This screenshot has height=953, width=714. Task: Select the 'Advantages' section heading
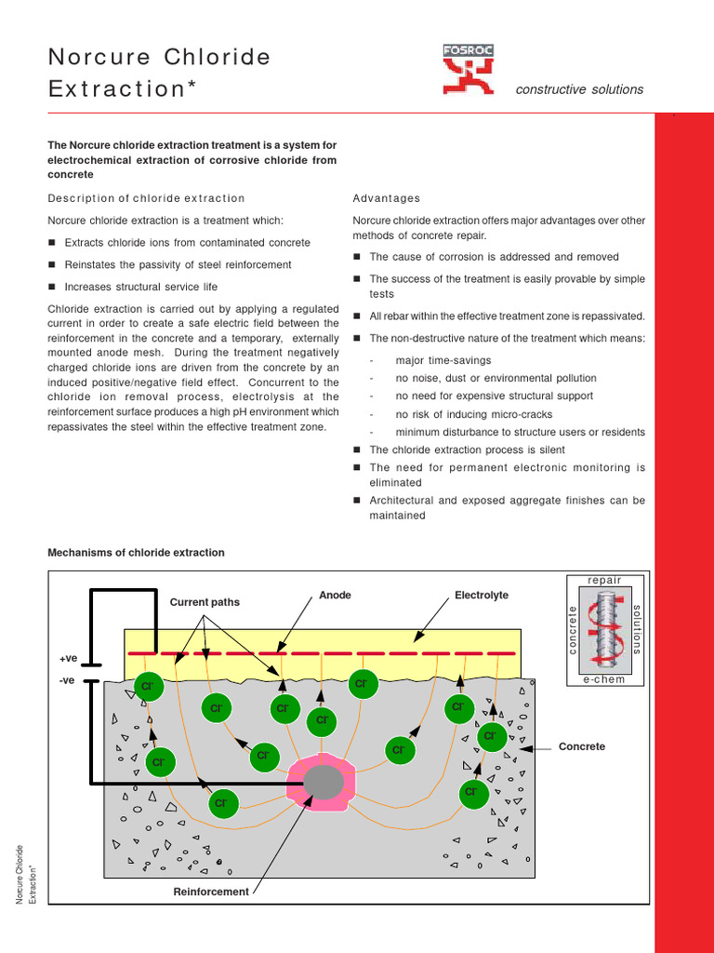(386, 198)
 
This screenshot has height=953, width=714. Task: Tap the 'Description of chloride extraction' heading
(146, 198)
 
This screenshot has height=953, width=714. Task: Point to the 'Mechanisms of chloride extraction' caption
(136, 553)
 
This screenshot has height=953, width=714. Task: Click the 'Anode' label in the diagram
(335, 596)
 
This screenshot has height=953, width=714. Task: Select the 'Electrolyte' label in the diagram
(482, 596)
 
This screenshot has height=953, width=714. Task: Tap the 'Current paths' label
(205, 602)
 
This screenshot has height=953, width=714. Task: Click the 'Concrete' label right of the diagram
(582, 746)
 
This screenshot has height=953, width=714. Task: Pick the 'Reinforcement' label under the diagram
(211, 892)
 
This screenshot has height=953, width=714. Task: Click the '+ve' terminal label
(68, 659)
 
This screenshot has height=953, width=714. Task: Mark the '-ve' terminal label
(67, 680)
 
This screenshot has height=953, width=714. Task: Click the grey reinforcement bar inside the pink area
(323, 782)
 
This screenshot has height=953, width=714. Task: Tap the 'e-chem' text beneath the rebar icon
(604, 680)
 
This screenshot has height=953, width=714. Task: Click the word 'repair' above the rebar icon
(604, 580)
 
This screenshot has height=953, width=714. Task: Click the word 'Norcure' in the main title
(99, 58)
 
